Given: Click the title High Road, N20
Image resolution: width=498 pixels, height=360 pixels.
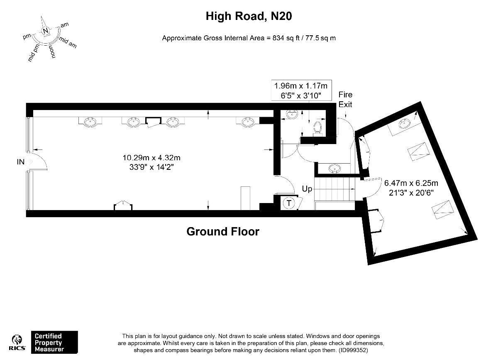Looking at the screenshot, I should click(x=249, y=16).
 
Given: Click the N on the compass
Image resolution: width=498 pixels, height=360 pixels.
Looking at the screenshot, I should click(x=46, y=31).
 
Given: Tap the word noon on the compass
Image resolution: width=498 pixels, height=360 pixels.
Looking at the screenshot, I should click(x=53, y=51).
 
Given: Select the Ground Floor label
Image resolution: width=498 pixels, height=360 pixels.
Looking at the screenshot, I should click(x=223, y=232).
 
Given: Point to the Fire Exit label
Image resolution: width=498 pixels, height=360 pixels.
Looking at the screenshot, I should click(x=345, y=99).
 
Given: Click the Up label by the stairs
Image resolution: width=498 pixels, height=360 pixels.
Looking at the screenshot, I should click(x=307, y=189).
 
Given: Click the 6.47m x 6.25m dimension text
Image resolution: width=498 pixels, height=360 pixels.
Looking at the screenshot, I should click(x=411, y=187).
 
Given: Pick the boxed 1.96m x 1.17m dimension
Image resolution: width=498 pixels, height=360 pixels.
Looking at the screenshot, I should click(x=301, y=91).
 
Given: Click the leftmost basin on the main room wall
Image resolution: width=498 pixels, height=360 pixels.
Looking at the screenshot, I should click(x=91, y=122).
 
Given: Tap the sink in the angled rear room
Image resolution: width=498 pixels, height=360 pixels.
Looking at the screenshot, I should click(x=404, y=124).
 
